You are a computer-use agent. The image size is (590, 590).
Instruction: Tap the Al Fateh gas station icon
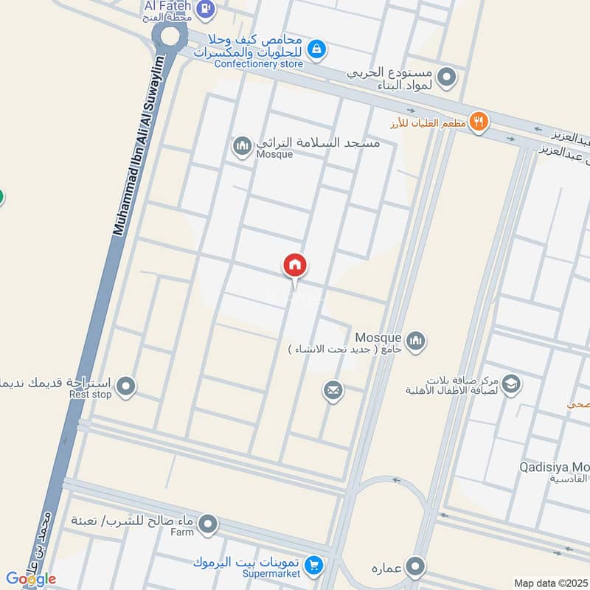(x=206, y=9)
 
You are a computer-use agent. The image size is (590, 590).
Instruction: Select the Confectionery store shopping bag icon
(x=316, y=49)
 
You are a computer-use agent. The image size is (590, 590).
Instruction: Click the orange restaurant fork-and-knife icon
(x=479, y=122)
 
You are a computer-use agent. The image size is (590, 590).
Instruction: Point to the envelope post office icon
(x=333, y=389)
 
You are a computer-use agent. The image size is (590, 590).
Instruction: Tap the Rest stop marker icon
(x=127, y=385)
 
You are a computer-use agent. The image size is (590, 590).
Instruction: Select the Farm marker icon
(x=209, y=525)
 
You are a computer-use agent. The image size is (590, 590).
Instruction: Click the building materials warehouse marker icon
(x=446, y=76)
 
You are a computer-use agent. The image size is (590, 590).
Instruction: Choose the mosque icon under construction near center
(x=417, y=340)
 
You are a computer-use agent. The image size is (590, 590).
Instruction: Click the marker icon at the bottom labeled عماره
(x=417, y=566)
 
